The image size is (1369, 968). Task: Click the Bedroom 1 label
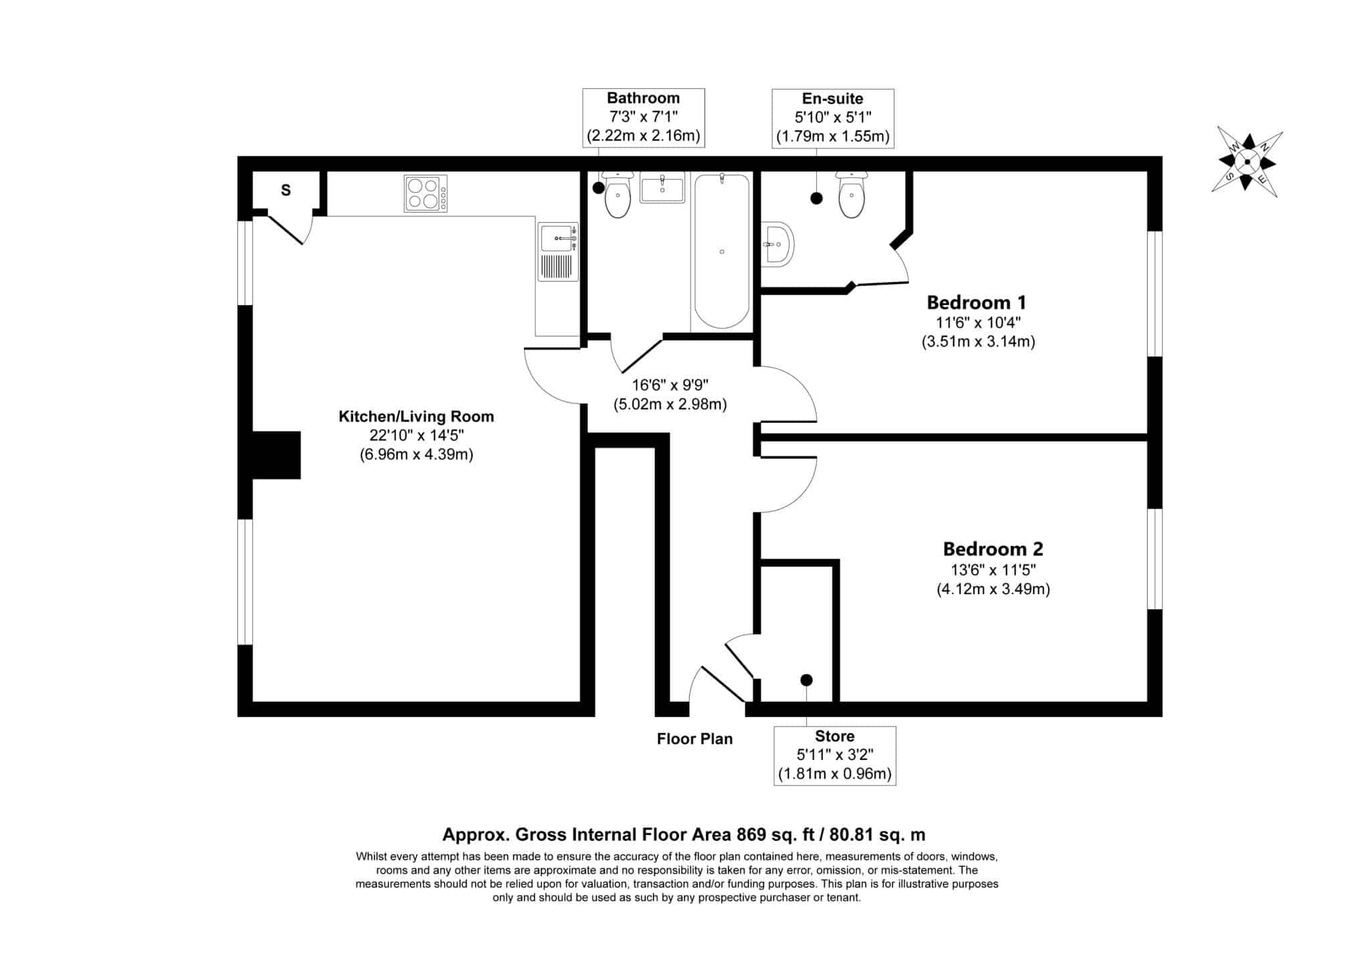976,302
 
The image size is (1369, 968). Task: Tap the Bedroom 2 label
993,549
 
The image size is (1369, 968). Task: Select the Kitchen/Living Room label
416,417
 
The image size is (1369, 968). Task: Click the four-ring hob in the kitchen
425,193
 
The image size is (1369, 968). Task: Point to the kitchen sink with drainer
558,252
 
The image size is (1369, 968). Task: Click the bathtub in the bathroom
721,251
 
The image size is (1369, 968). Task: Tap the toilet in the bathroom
618,195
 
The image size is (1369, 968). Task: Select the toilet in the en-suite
852,195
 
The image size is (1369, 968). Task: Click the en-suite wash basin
777,244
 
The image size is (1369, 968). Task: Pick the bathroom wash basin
662,187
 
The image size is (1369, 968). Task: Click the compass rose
1247,162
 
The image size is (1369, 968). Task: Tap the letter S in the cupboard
286,191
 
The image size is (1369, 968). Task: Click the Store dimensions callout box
835,756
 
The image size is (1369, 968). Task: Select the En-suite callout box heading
833,99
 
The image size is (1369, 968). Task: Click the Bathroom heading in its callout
643,98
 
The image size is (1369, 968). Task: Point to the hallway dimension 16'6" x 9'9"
670,385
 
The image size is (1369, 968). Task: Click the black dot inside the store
807,680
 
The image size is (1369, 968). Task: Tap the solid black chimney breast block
276,456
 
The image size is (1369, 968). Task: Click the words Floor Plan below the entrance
695,739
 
